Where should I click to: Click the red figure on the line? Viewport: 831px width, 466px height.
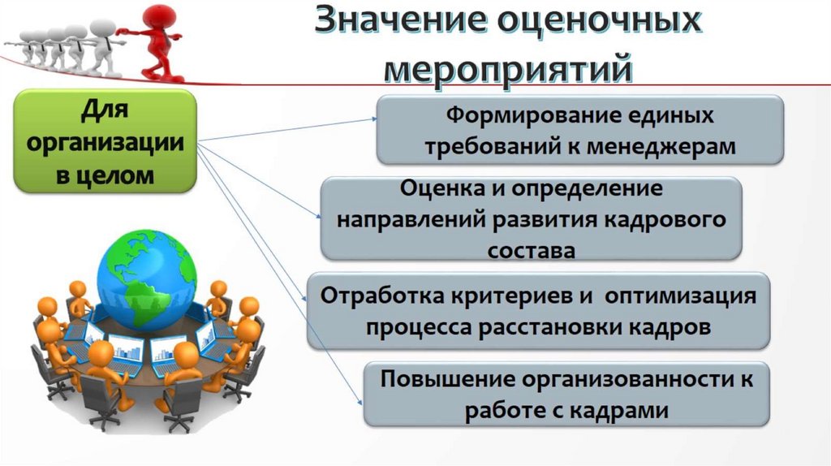click(x=154, y=41)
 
